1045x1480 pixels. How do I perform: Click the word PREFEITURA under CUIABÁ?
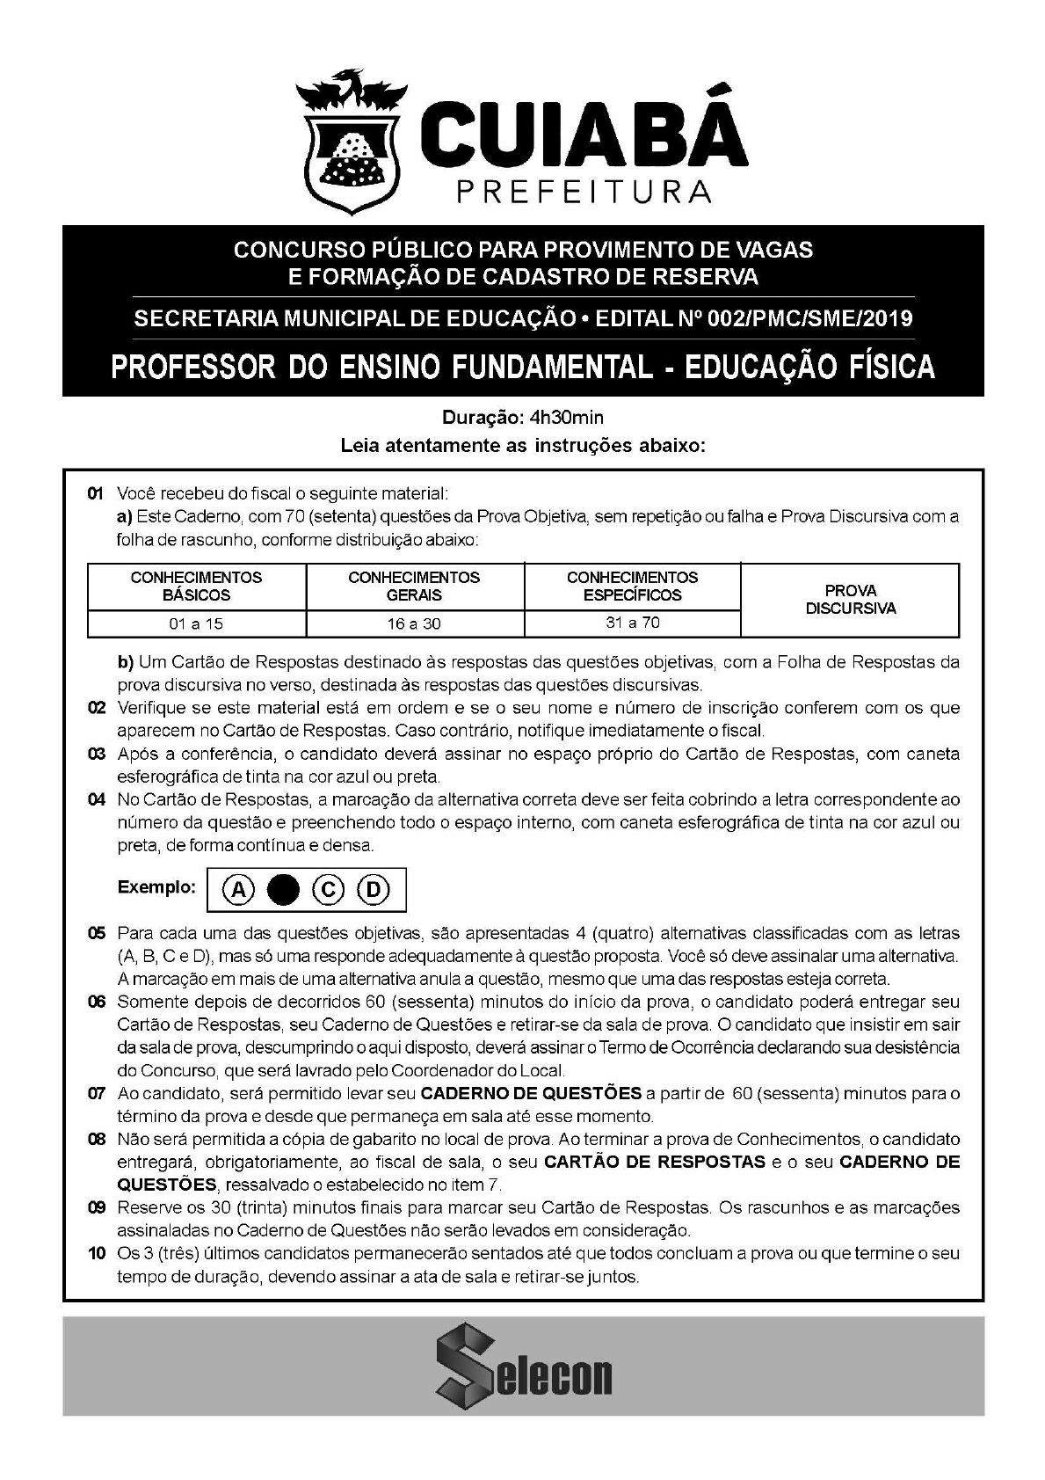click(584, 192)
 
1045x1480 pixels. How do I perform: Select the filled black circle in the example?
click(283, 891)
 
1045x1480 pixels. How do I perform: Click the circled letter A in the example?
click(237, 891)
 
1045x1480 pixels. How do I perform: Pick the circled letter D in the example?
click(374, 891)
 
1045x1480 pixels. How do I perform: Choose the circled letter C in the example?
click(329, 891)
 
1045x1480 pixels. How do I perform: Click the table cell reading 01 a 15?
click(196, 623)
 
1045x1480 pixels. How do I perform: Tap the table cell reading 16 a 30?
click(414, 623)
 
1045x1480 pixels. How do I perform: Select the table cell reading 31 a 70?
click(632, 623)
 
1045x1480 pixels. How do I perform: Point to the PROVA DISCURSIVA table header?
click(850, 599)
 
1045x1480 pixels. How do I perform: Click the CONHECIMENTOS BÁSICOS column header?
click(196, 586)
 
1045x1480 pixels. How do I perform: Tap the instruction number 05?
click(97, 933)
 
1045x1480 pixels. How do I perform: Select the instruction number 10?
click(97, 1253)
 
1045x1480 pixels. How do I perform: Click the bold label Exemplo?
click(156, 887)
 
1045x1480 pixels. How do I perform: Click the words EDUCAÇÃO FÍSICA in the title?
click(809, 367)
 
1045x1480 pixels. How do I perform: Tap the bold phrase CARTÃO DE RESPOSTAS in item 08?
click(655, 1162)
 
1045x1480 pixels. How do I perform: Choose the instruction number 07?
click(97, 1094)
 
